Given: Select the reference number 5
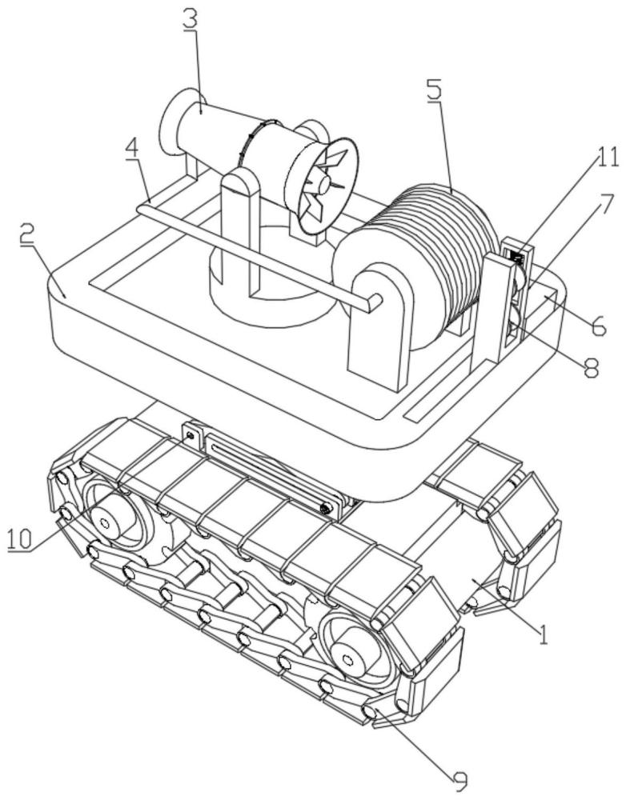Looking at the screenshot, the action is pos(434,90).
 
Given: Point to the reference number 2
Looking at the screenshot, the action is pos(29,237).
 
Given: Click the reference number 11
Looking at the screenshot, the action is pos(607,158).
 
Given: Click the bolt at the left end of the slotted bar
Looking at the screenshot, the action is pos(191,435).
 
